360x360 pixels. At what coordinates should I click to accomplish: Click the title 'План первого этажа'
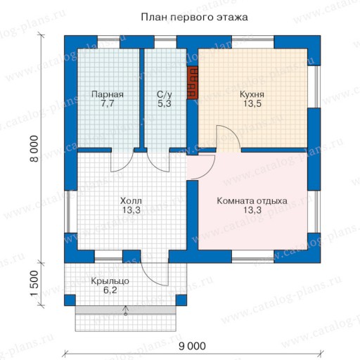pyautogui.click(x=194, y=18)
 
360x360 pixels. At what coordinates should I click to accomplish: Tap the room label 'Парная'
pyautogui.click(x=108, y=94)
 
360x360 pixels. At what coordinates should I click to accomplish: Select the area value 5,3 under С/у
pyautogui.click(x=165, y=103)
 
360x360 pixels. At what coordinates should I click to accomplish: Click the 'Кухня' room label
pyautogui.click(x=252, y=94)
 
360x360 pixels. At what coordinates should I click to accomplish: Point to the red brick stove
pyautogui.click(x=193, y=82)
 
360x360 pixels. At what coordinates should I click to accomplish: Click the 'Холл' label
pyautogui.click(x=131, y=201)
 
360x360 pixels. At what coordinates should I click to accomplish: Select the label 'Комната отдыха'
pyautogui.click(x=252, y=201)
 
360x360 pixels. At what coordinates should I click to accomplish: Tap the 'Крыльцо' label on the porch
pyautogui.click(x=110, y=281)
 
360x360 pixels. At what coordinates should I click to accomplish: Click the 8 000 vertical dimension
pyautogui.click(x=34, y=148)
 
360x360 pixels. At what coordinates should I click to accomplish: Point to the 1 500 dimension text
pyautogui.click(x=34, y=284)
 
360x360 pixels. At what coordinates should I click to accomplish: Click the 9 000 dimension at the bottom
pyautogui.click(x=192, y=346)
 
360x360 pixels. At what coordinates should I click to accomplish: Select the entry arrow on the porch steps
pyautogui.click(x=126, y=310)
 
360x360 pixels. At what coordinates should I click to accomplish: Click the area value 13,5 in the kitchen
pyautogui.click(x=252, y=103)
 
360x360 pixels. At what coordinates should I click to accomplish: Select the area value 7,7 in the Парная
pyautogui.click(x=108, y=103)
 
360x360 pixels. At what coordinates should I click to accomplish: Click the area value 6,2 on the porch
pyautogui.click(x=110, y=290)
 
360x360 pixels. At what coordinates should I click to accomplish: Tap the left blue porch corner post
pyautogui.click(x=70, y=300)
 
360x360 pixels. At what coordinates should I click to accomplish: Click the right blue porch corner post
pyautogui.click(x=181, y=300)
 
